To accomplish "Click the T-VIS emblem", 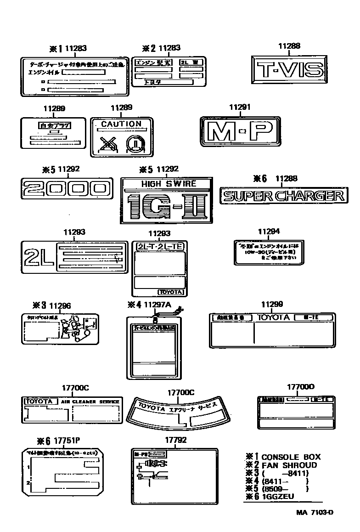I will point(289,70).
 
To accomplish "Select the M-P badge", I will point(241,132).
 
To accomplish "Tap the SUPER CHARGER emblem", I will point(283,197).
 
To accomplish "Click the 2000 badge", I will point(67,188).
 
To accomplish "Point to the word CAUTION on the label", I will point(121,124).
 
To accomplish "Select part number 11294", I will point(268,232).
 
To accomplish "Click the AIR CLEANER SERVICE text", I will point(90,402).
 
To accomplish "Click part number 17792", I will point(175,440).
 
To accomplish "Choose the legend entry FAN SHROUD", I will point(289,465).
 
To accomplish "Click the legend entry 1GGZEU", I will point(277,497).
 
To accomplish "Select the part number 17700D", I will point(301,387).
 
